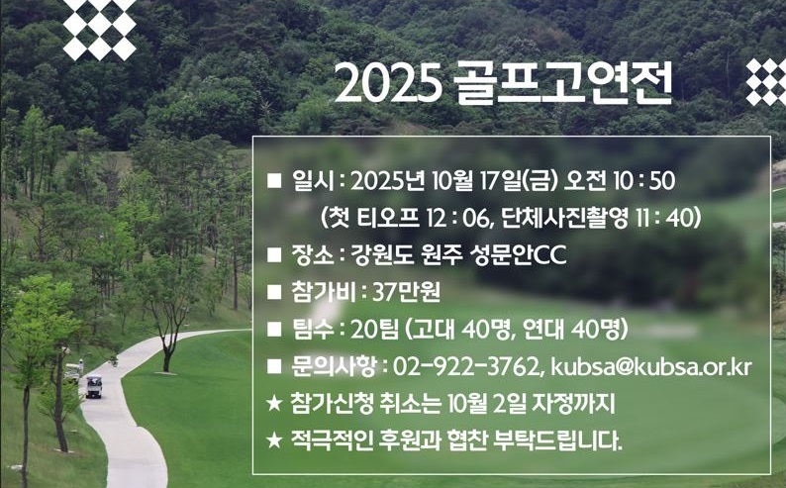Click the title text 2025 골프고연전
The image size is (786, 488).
pos(503,83)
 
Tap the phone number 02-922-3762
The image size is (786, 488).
pos(465,367)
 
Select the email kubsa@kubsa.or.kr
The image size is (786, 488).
pos(651,366)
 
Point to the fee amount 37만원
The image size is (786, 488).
pos(406,292)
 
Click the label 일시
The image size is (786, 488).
pos(312,180)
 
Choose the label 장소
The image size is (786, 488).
pos(312,254)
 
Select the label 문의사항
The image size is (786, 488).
pos(334,367)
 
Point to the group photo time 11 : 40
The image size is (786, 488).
pos(663,218)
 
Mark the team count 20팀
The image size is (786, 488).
pos(374,330)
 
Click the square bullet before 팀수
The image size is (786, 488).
pos(274,330)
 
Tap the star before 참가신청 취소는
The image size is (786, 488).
pos(274,403)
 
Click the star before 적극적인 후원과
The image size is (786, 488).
pos(274,440)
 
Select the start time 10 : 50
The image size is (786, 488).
pos(644,181)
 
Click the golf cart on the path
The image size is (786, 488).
pos(94,387)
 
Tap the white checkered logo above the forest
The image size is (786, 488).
pos(100,29)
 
